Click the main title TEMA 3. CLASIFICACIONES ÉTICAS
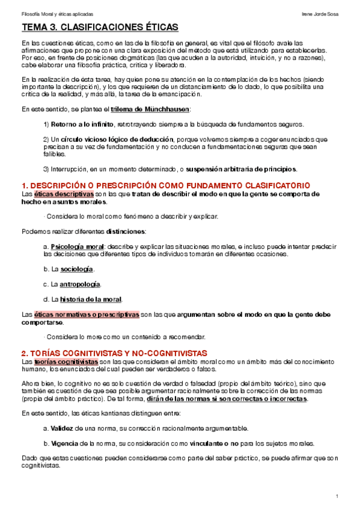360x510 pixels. click(100, 28)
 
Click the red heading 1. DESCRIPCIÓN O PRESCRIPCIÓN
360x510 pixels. click(165, 185)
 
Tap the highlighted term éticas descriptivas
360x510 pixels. click(64, 194)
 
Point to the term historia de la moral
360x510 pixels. click(91, 299)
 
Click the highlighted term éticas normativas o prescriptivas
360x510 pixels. click(87, 314)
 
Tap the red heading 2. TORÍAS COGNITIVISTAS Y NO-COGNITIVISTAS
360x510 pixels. click(114, 352)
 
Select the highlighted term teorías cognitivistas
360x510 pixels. click(66, 361)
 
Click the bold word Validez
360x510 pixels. click(62, 428)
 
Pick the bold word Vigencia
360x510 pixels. click(64, 443)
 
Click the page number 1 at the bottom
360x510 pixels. click(339, 496)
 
